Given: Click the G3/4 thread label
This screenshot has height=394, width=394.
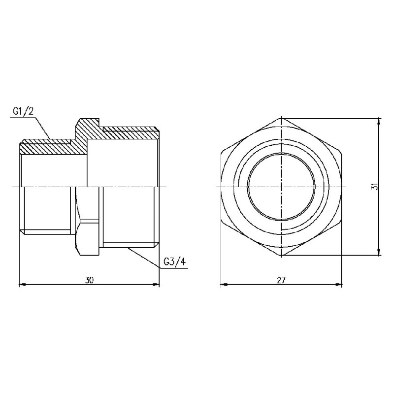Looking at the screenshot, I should click(x=175, y=262).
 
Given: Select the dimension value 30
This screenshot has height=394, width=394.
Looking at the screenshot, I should click(x=89, y=280).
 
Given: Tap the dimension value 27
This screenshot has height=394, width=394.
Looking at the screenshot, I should click(x=281, y=280).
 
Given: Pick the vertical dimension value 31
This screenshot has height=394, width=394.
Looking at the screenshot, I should click(x=374, y=188).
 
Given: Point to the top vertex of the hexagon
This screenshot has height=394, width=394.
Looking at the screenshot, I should click(x=281, y=118).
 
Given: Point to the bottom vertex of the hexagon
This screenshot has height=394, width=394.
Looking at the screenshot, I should click(x=281, y=256).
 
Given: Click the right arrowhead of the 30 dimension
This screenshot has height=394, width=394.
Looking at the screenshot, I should click(x=157, y=284).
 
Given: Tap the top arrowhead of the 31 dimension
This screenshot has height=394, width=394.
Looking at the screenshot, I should click(x=378, y=121).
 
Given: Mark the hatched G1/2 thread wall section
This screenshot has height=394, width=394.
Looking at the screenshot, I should click(x=47, y=146).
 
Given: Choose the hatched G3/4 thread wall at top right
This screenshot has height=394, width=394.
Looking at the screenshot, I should click(x=131, y=131).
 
